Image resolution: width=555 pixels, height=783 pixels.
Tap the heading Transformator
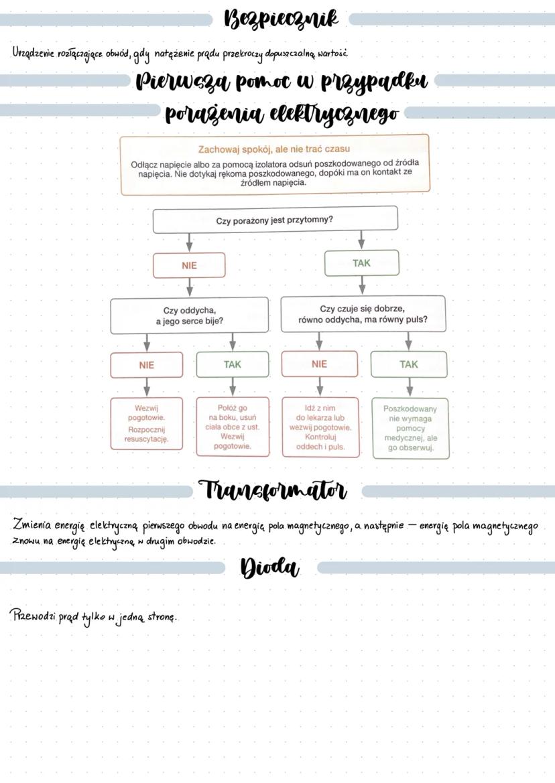273,490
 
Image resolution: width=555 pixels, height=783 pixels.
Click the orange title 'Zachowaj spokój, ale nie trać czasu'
274,148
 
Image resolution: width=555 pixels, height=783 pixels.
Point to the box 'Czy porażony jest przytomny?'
275,220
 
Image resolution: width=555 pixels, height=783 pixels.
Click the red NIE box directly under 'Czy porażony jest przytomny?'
189,265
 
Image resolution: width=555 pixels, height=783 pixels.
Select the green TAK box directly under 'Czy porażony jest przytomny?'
361,263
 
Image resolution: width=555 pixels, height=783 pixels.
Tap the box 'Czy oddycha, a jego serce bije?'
189,315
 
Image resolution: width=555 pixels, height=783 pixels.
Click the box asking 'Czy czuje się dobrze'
363,314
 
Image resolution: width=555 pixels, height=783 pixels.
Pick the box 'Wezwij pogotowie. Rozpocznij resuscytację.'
146,423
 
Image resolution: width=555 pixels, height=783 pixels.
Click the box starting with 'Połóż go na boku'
233,427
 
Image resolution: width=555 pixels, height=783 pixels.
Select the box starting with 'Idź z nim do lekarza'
320,427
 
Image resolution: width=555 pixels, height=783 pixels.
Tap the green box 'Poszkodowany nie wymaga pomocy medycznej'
410,428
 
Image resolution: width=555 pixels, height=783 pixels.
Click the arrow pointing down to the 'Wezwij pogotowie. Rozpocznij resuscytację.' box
146,387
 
